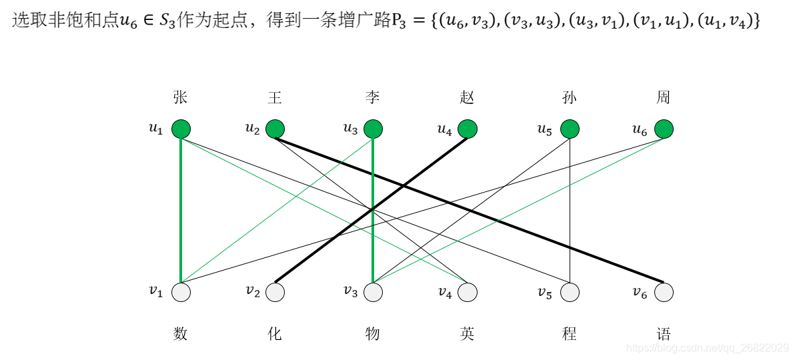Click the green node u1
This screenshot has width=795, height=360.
click(181, 129)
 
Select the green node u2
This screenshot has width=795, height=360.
click(275, 129)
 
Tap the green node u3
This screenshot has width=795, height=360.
click(373, 129)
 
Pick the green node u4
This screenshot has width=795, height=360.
click(467, 129)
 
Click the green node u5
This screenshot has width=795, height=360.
click(569, 129)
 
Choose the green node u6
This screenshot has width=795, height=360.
click(664, 129)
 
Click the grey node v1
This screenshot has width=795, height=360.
click(181, 292)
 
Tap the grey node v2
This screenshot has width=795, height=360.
click(275, 292)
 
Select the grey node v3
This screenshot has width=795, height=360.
click(373, 292)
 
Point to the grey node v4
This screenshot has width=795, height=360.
click(467, 292)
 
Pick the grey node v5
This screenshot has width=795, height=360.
click(569, 292)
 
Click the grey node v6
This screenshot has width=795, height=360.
click(664, 292)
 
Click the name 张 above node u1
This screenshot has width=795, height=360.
click(180, 97)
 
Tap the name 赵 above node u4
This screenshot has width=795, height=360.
click(467, 97)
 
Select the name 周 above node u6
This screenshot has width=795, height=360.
click(663, 97)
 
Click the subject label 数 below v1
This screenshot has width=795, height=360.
click(180, 333)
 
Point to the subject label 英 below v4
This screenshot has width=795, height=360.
click(467, 333)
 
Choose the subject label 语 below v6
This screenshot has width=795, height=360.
click(663, 333)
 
